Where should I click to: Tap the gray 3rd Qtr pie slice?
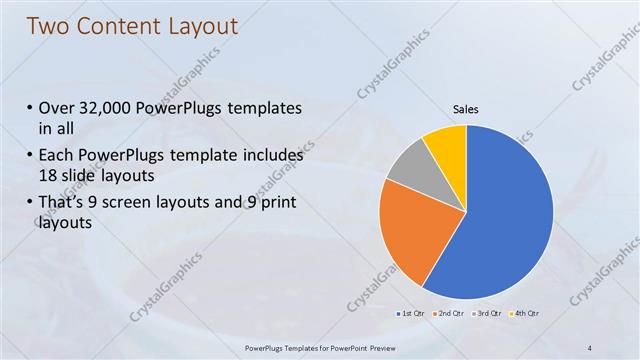coord(407,164)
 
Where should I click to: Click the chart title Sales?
coord(466,108)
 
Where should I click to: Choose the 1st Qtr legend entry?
coord(412,314)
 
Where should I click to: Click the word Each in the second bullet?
coord(55,156)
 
